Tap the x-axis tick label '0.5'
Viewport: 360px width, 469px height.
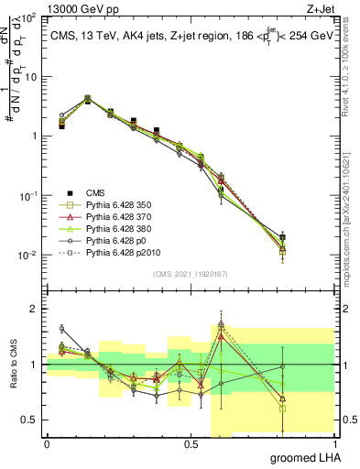[190, 445]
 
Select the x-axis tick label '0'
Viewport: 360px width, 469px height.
[47, 445]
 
